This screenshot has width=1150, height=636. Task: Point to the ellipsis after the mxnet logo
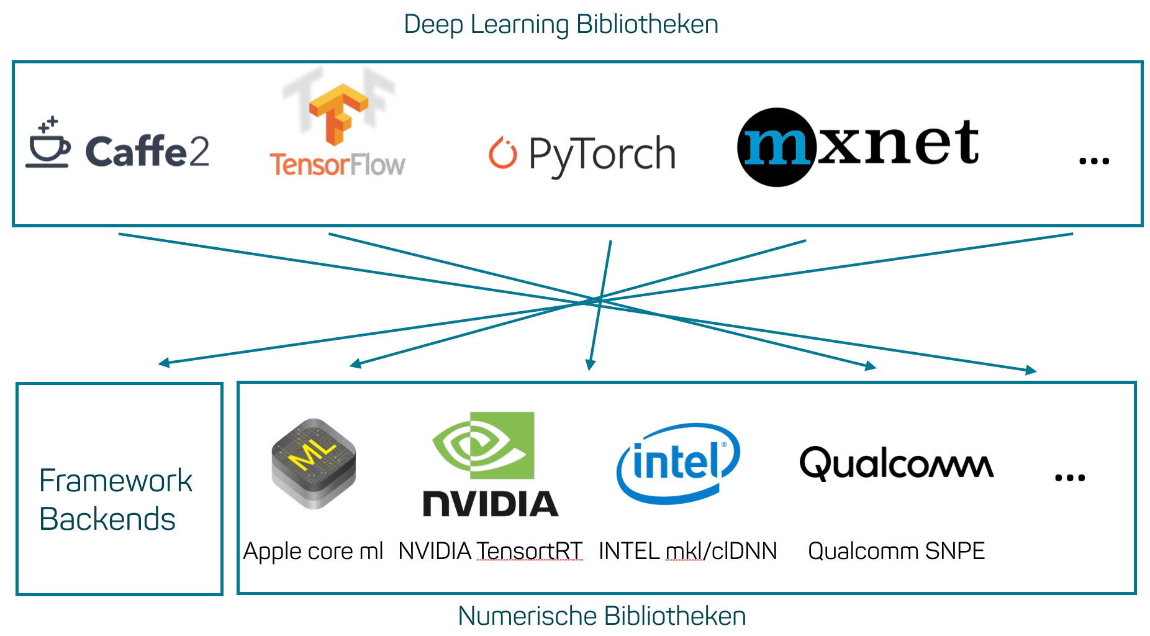coord(1093,161)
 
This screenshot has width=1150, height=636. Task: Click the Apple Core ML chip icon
coord(314,463)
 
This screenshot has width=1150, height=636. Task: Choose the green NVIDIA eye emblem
coord(483,445)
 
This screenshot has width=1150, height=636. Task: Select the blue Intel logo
coord(678,463)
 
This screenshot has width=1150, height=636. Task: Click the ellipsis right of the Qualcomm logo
coord(1070,478)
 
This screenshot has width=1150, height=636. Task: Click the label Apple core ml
coord(313,552)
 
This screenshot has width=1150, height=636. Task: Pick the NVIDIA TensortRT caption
coord(490,551)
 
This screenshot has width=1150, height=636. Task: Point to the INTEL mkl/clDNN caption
coord(687,551)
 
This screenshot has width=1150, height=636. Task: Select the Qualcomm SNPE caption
coord(896,551)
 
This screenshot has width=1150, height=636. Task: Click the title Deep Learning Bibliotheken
coord(561,25)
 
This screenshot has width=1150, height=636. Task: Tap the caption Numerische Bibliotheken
coord(602,616)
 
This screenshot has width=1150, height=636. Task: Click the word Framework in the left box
coord(115,481)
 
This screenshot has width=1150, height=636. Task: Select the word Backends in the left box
coord(107,519)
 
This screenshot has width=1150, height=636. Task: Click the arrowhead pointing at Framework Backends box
coord(163,363)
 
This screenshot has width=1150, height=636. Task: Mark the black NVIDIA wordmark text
coord(491,504)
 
